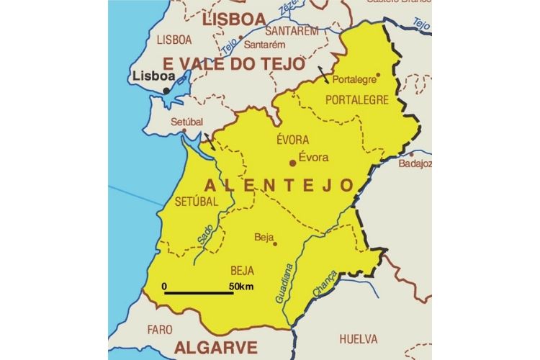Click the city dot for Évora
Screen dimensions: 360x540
point(292,163)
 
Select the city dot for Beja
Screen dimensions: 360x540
point(274,243)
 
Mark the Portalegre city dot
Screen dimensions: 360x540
point(378,74)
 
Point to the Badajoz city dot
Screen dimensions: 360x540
point(411,153)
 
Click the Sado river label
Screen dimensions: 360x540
point(205,234)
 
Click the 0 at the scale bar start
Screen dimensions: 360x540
point(165,287)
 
